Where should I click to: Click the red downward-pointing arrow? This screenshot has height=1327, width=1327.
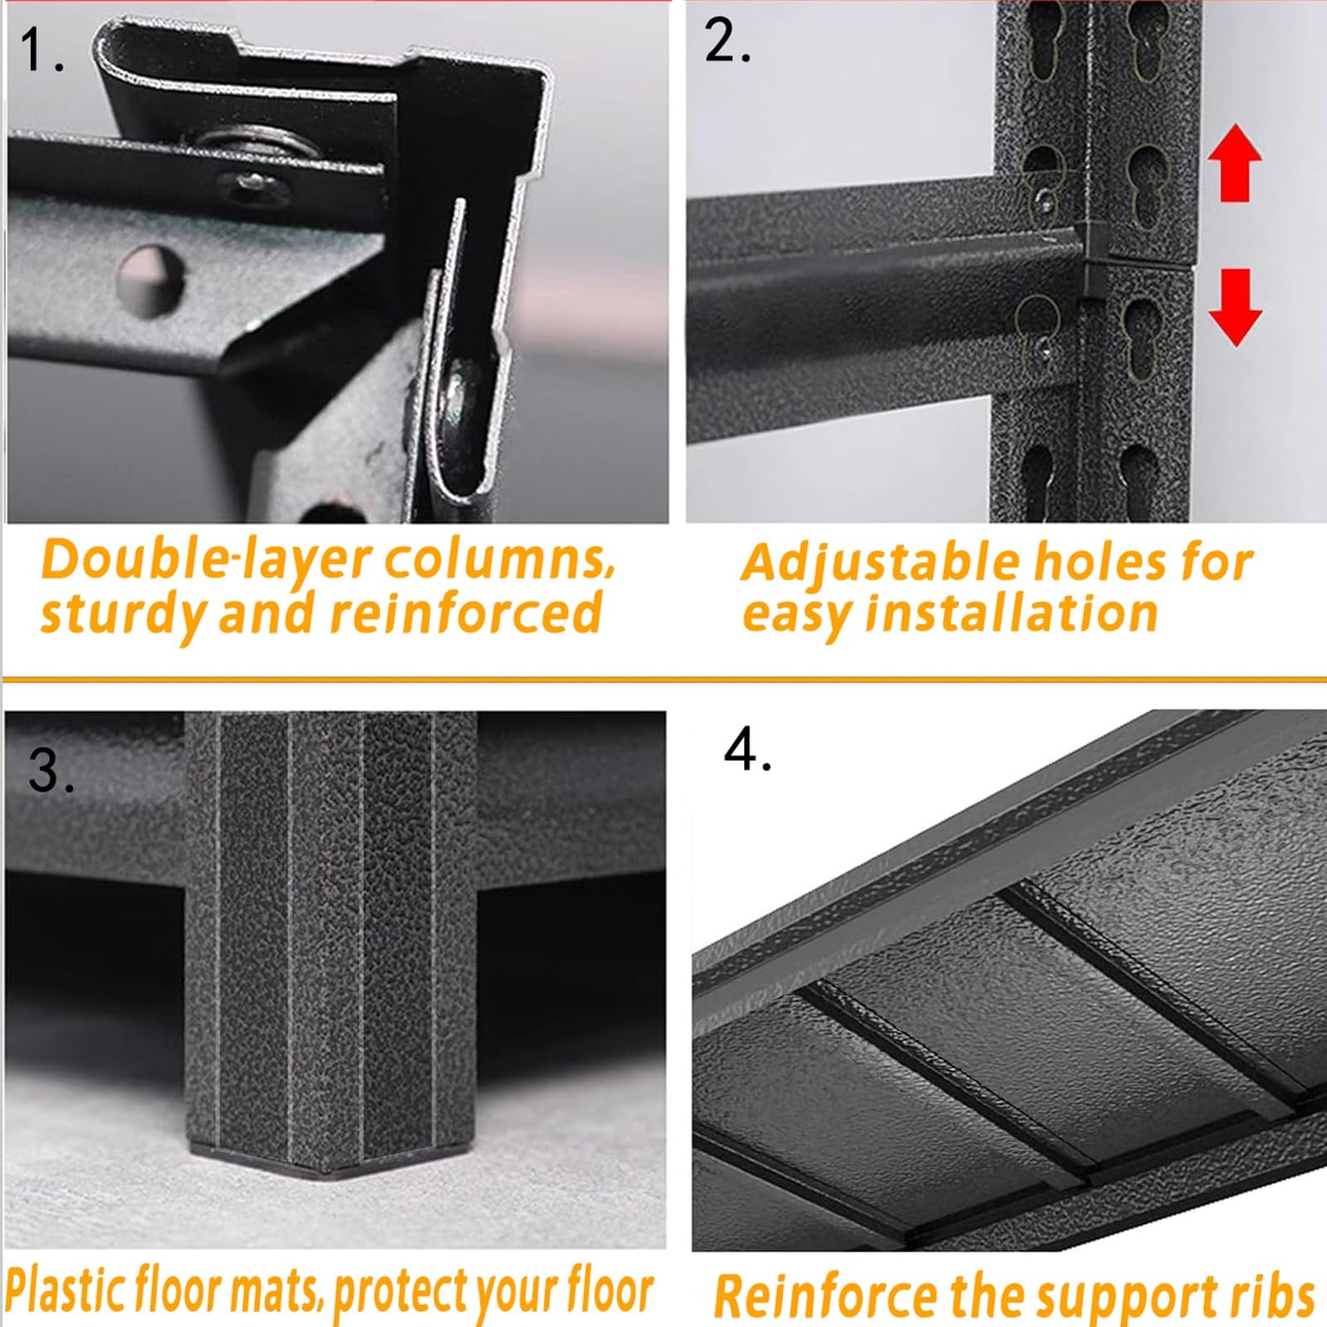[x=1235, y=307]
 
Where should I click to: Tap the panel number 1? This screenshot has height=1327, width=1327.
[x=41, y=50]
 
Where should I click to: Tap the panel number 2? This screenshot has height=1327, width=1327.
[x=727, y=41]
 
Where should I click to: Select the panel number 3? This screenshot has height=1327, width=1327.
[x=51, y=770]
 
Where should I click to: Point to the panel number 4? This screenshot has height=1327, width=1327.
[x=748, y=749]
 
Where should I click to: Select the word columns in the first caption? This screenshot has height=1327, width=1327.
[x=499, y=560]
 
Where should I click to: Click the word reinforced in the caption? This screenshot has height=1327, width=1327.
[x=465, y=613]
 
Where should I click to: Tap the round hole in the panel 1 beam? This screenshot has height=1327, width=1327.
[x=151, y=280]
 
